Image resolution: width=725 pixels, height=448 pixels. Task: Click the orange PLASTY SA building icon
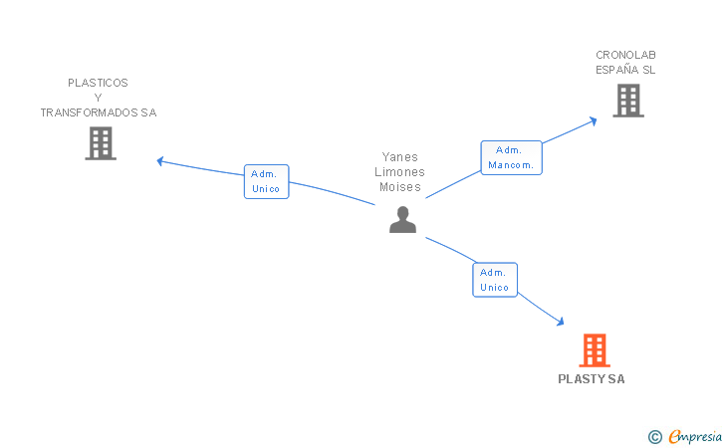point(594,350)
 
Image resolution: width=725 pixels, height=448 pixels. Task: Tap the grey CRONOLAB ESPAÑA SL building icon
point(627,101)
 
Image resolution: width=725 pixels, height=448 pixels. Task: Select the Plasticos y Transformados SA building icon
point(100,143)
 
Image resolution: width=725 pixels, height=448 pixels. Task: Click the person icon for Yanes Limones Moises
point(402,220)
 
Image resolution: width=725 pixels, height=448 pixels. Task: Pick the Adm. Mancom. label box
point(511,157)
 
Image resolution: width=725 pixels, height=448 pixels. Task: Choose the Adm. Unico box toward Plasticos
point(266,181)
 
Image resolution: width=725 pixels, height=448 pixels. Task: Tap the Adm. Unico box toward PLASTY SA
point(495,280)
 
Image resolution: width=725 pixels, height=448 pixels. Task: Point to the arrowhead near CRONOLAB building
point(593,120)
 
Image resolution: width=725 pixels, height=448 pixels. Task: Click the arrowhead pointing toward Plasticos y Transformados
point(160,160)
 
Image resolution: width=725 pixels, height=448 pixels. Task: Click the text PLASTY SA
point(592,379)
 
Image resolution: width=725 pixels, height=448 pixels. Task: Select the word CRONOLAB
point(625,55)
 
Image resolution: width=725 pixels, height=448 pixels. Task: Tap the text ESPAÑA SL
point(625,70)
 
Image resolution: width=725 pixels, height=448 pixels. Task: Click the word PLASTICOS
point(98,83)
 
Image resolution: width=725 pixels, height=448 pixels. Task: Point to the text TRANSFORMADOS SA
point(98,112)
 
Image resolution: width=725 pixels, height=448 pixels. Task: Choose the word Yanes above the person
point(400,156)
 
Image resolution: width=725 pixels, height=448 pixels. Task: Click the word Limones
point(400,171)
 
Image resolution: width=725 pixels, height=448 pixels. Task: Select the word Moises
point(400,186)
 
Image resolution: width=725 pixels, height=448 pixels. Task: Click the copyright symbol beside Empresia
point(654,436)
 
